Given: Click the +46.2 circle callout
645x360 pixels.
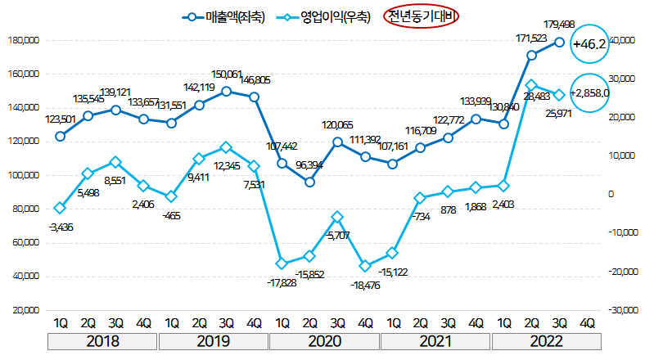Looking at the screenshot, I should (589, 44).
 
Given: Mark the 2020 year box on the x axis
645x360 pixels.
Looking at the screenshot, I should (324, 341).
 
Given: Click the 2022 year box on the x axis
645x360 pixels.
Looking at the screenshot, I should (547, 341).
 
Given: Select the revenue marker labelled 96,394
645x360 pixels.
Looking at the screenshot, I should (309, 182).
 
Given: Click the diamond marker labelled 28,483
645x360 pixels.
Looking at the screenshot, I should (531, 85).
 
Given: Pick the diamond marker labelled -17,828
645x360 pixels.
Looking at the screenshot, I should (282, 263).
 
